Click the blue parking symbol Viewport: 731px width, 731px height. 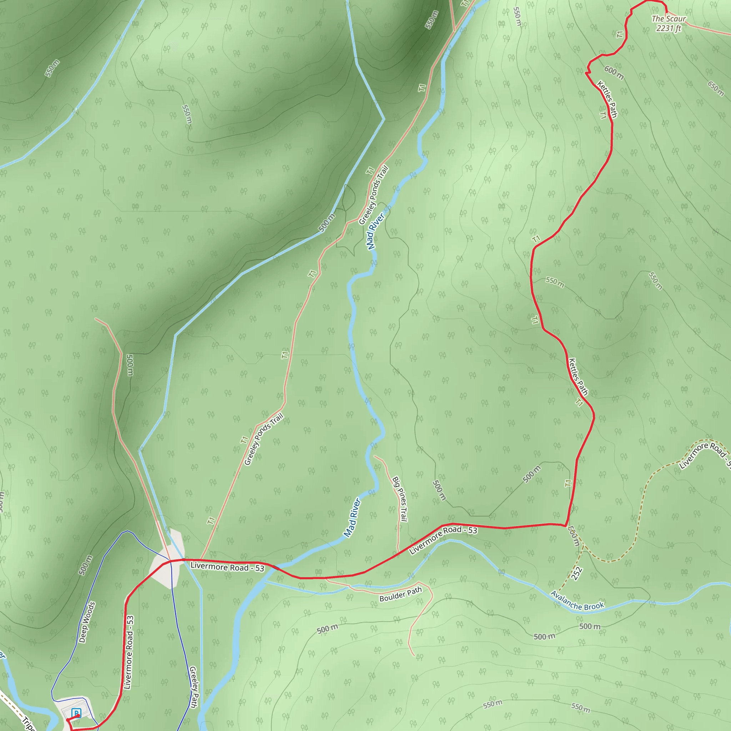coord(76,713)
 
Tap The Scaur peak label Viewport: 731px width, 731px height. coord(669,19)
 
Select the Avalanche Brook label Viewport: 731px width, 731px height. coord(577,601)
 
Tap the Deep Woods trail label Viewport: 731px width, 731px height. coord(87,622)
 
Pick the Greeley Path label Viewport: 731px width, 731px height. coord(193,687)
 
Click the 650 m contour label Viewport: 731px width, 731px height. coord(716,88)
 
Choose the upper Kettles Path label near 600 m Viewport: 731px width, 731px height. coord(607,99)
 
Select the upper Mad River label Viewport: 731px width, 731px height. coord(375,231)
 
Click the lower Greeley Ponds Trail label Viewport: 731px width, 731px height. coord(264,439)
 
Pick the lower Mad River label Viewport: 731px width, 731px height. coord(352,517)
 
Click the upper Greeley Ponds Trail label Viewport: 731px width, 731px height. coord(373,195)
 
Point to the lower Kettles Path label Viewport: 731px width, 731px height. coord(578,377)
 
